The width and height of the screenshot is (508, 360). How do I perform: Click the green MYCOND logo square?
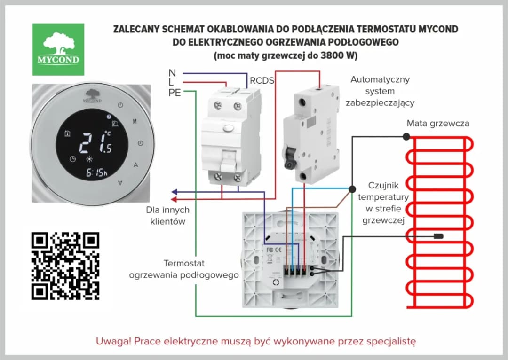pyautogui.click(x=58, y=49)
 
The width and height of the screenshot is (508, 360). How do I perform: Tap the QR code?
pyautogui.click(x=65, y=266)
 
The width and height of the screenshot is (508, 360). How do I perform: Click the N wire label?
pyautogui.click(x=172, y=73)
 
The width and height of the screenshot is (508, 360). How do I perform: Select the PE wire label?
pyautogui.click(x=175, y=93)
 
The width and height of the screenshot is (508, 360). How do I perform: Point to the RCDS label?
pyautogui.click(x=262, y=81)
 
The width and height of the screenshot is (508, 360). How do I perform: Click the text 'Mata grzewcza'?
pyautogui.click(x=437, y=124)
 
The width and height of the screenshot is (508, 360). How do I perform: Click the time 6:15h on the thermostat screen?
pyautogui.click(x=96, y=173)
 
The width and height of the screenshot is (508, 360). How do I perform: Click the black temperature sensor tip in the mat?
pyautogui.click(x=439, y=236)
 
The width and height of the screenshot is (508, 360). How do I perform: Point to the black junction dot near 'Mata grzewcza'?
pyautogui.click(x=405, y=136)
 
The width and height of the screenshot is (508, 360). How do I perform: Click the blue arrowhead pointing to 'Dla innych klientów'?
pyautogui.click(x=174, y=192)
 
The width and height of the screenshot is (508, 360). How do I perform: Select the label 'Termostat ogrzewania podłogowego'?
pyautogui.click(x=184, y=269)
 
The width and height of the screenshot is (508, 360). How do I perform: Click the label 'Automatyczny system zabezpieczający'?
pyautogui.click(x=380, y=91)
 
